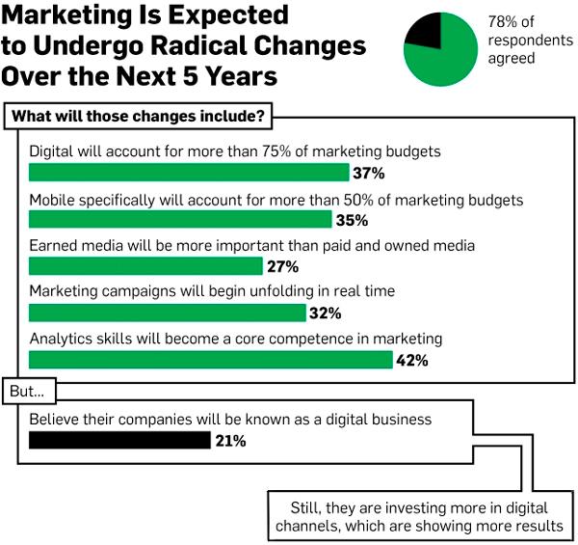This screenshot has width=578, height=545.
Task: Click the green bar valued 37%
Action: (x=188, y=174)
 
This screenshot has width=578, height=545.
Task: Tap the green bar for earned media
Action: (x=144, y=266)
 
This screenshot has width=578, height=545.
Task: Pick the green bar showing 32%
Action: (x=167, y=313)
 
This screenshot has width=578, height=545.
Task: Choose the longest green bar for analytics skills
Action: (x=210, y=360)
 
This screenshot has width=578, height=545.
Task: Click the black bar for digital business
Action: (x=119, y=441)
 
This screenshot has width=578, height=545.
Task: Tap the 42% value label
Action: (x=411, y=361)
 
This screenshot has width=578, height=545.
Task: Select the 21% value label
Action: (x=230, y=442)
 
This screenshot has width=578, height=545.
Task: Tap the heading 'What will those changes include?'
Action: (x=138, y=117)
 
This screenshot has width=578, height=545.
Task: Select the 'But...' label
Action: (x=31, y=393)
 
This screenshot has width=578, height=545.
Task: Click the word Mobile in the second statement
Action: (x=54, y=201)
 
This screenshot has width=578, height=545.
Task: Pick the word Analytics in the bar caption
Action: (x=63, y=340)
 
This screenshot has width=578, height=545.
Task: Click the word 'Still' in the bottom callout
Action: (x=308, y=507)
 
